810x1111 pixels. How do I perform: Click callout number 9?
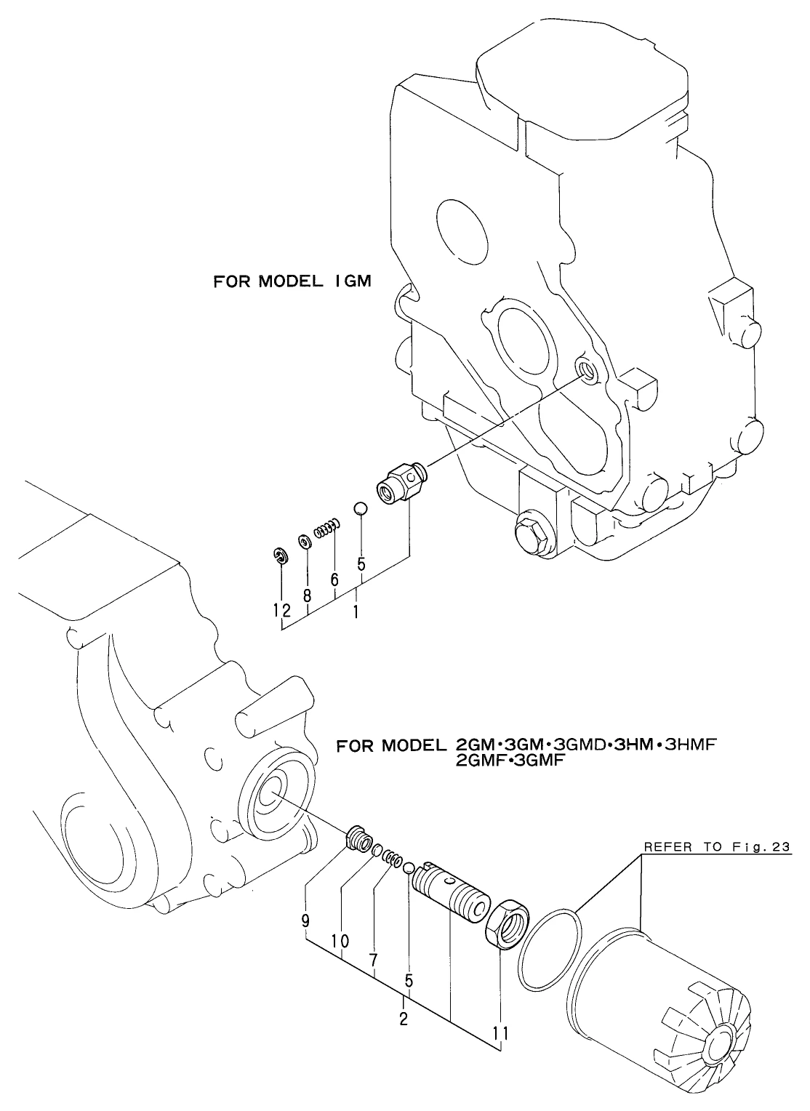click(305, 921)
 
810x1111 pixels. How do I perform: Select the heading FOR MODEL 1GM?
click(292, 281)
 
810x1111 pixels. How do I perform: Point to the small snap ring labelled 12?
click(281, 556)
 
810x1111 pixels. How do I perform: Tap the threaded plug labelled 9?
click(357, 837)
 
